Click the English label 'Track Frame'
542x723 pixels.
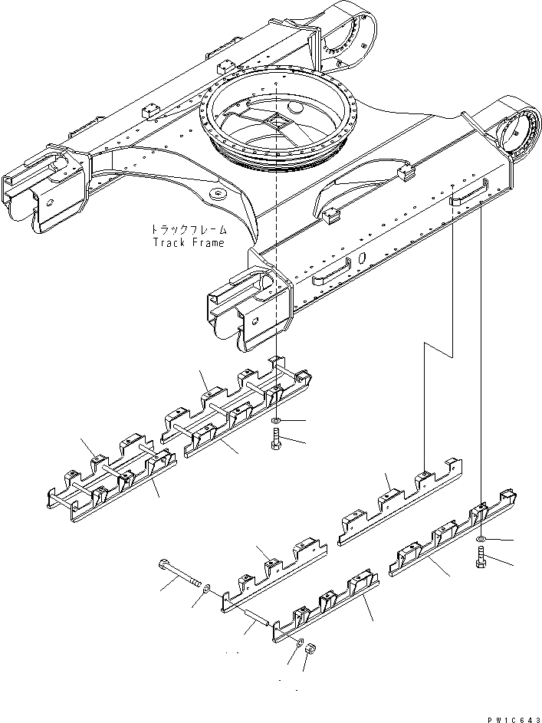pos(188,242)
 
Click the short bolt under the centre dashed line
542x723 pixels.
pos(275,440)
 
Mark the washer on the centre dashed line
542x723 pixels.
pos(275,422)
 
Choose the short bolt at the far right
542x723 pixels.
pos(481,562)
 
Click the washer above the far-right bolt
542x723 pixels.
pos(480,541)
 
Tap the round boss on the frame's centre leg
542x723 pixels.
pos(217,194)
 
